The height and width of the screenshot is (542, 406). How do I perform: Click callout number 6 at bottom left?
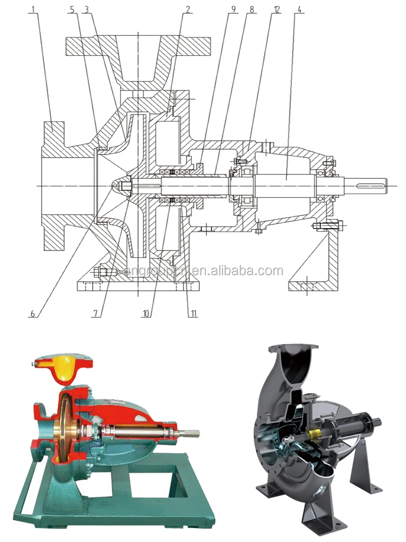(33, 314)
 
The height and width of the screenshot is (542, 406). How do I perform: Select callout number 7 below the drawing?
(96, 314)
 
